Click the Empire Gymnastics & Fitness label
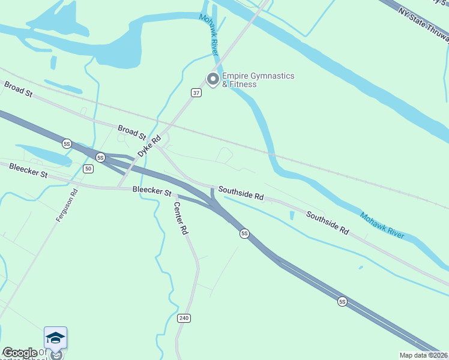pos(258,80)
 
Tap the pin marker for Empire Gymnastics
pos(212,79)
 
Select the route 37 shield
pos(196,93)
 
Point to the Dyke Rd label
pos(149,146)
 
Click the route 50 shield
pos(88,169)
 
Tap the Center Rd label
pos(181,217)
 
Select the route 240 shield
pos(184,317)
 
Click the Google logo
pos(20,353)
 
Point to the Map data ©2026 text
pos(423,355)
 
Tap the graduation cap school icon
pos(55,337)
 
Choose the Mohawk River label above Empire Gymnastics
pos(210,35)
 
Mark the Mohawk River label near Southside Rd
pos(382,226)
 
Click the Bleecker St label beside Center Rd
pos(152,191)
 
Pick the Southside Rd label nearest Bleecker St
pos(241,192)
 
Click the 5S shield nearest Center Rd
pos(244,233)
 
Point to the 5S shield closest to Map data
pos(342,301)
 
